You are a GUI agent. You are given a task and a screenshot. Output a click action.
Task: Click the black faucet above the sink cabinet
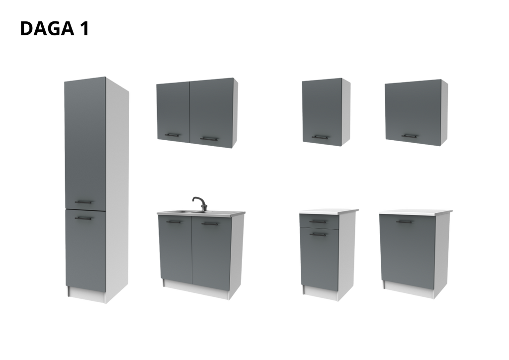click(198, 202)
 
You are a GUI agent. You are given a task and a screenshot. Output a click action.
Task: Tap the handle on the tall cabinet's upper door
click(84, 201)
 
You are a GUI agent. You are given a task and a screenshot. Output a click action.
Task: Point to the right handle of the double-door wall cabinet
click(208, 136)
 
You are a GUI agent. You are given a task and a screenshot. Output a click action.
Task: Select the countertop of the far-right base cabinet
click(415, 211)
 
